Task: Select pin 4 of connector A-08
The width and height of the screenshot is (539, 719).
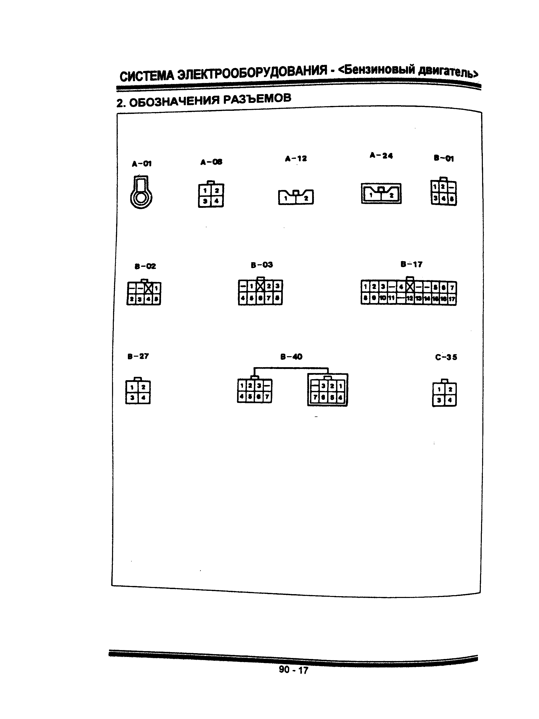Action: point(217,201)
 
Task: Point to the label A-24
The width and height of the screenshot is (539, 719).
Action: point(381,156)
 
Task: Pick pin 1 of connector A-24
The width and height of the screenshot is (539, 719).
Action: point(371,195)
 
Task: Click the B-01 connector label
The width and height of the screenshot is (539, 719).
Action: point(444,159)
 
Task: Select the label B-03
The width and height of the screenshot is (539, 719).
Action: point(262,265)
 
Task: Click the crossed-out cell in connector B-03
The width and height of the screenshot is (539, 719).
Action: point(260,286)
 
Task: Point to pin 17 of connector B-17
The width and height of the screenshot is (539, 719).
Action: point(452,299)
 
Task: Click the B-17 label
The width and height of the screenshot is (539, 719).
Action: point(411,264)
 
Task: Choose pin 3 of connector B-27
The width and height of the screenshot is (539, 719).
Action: point(132,398)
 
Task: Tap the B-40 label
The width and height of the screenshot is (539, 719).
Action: point(291,357)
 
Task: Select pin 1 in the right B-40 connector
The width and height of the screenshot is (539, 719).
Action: point(340,386)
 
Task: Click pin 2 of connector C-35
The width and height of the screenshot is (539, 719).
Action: point(450,389)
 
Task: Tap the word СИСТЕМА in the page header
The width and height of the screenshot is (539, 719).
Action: point(147,76)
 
